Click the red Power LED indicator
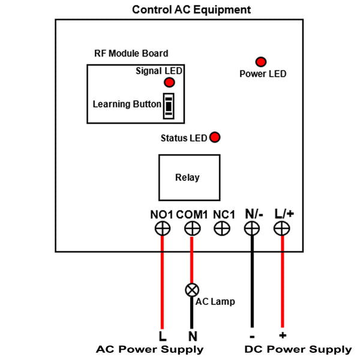(x=261, y=62)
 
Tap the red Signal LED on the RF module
(x=170, y=82)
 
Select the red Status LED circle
(x=214, y=137)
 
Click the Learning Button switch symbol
(x=170, y=106)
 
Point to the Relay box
(x=187, y=178)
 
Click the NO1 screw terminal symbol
(x=162, y=228)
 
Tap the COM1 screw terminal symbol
(x=192, y=228)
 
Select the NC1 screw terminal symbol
(x=222, y=228)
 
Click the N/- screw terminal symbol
(x=252, y=228)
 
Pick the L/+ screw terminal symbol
(x=282, y=228)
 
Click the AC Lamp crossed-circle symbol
(x=192, y=289)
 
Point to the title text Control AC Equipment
(x=191, y=10)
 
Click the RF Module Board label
(x=131, y=53)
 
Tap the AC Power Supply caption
(x=150, y=349)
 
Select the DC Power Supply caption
(x=298, y=349)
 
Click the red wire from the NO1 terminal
(x=162, y=282)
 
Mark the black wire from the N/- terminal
(x=252, y=282)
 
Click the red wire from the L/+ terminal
(x=282, y=282)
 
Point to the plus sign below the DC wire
(x=282, y=335)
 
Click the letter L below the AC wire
(x=162, y=336)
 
